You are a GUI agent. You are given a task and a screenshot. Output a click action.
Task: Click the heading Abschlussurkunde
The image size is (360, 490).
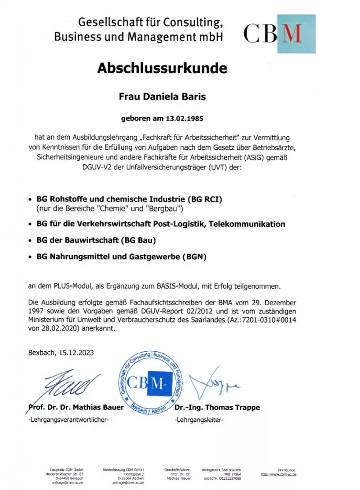(162, 68)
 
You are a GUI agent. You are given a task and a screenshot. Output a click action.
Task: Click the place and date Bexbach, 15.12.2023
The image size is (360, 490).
(62, 353)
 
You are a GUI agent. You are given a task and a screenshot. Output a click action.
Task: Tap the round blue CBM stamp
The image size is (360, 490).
(152, 383)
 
